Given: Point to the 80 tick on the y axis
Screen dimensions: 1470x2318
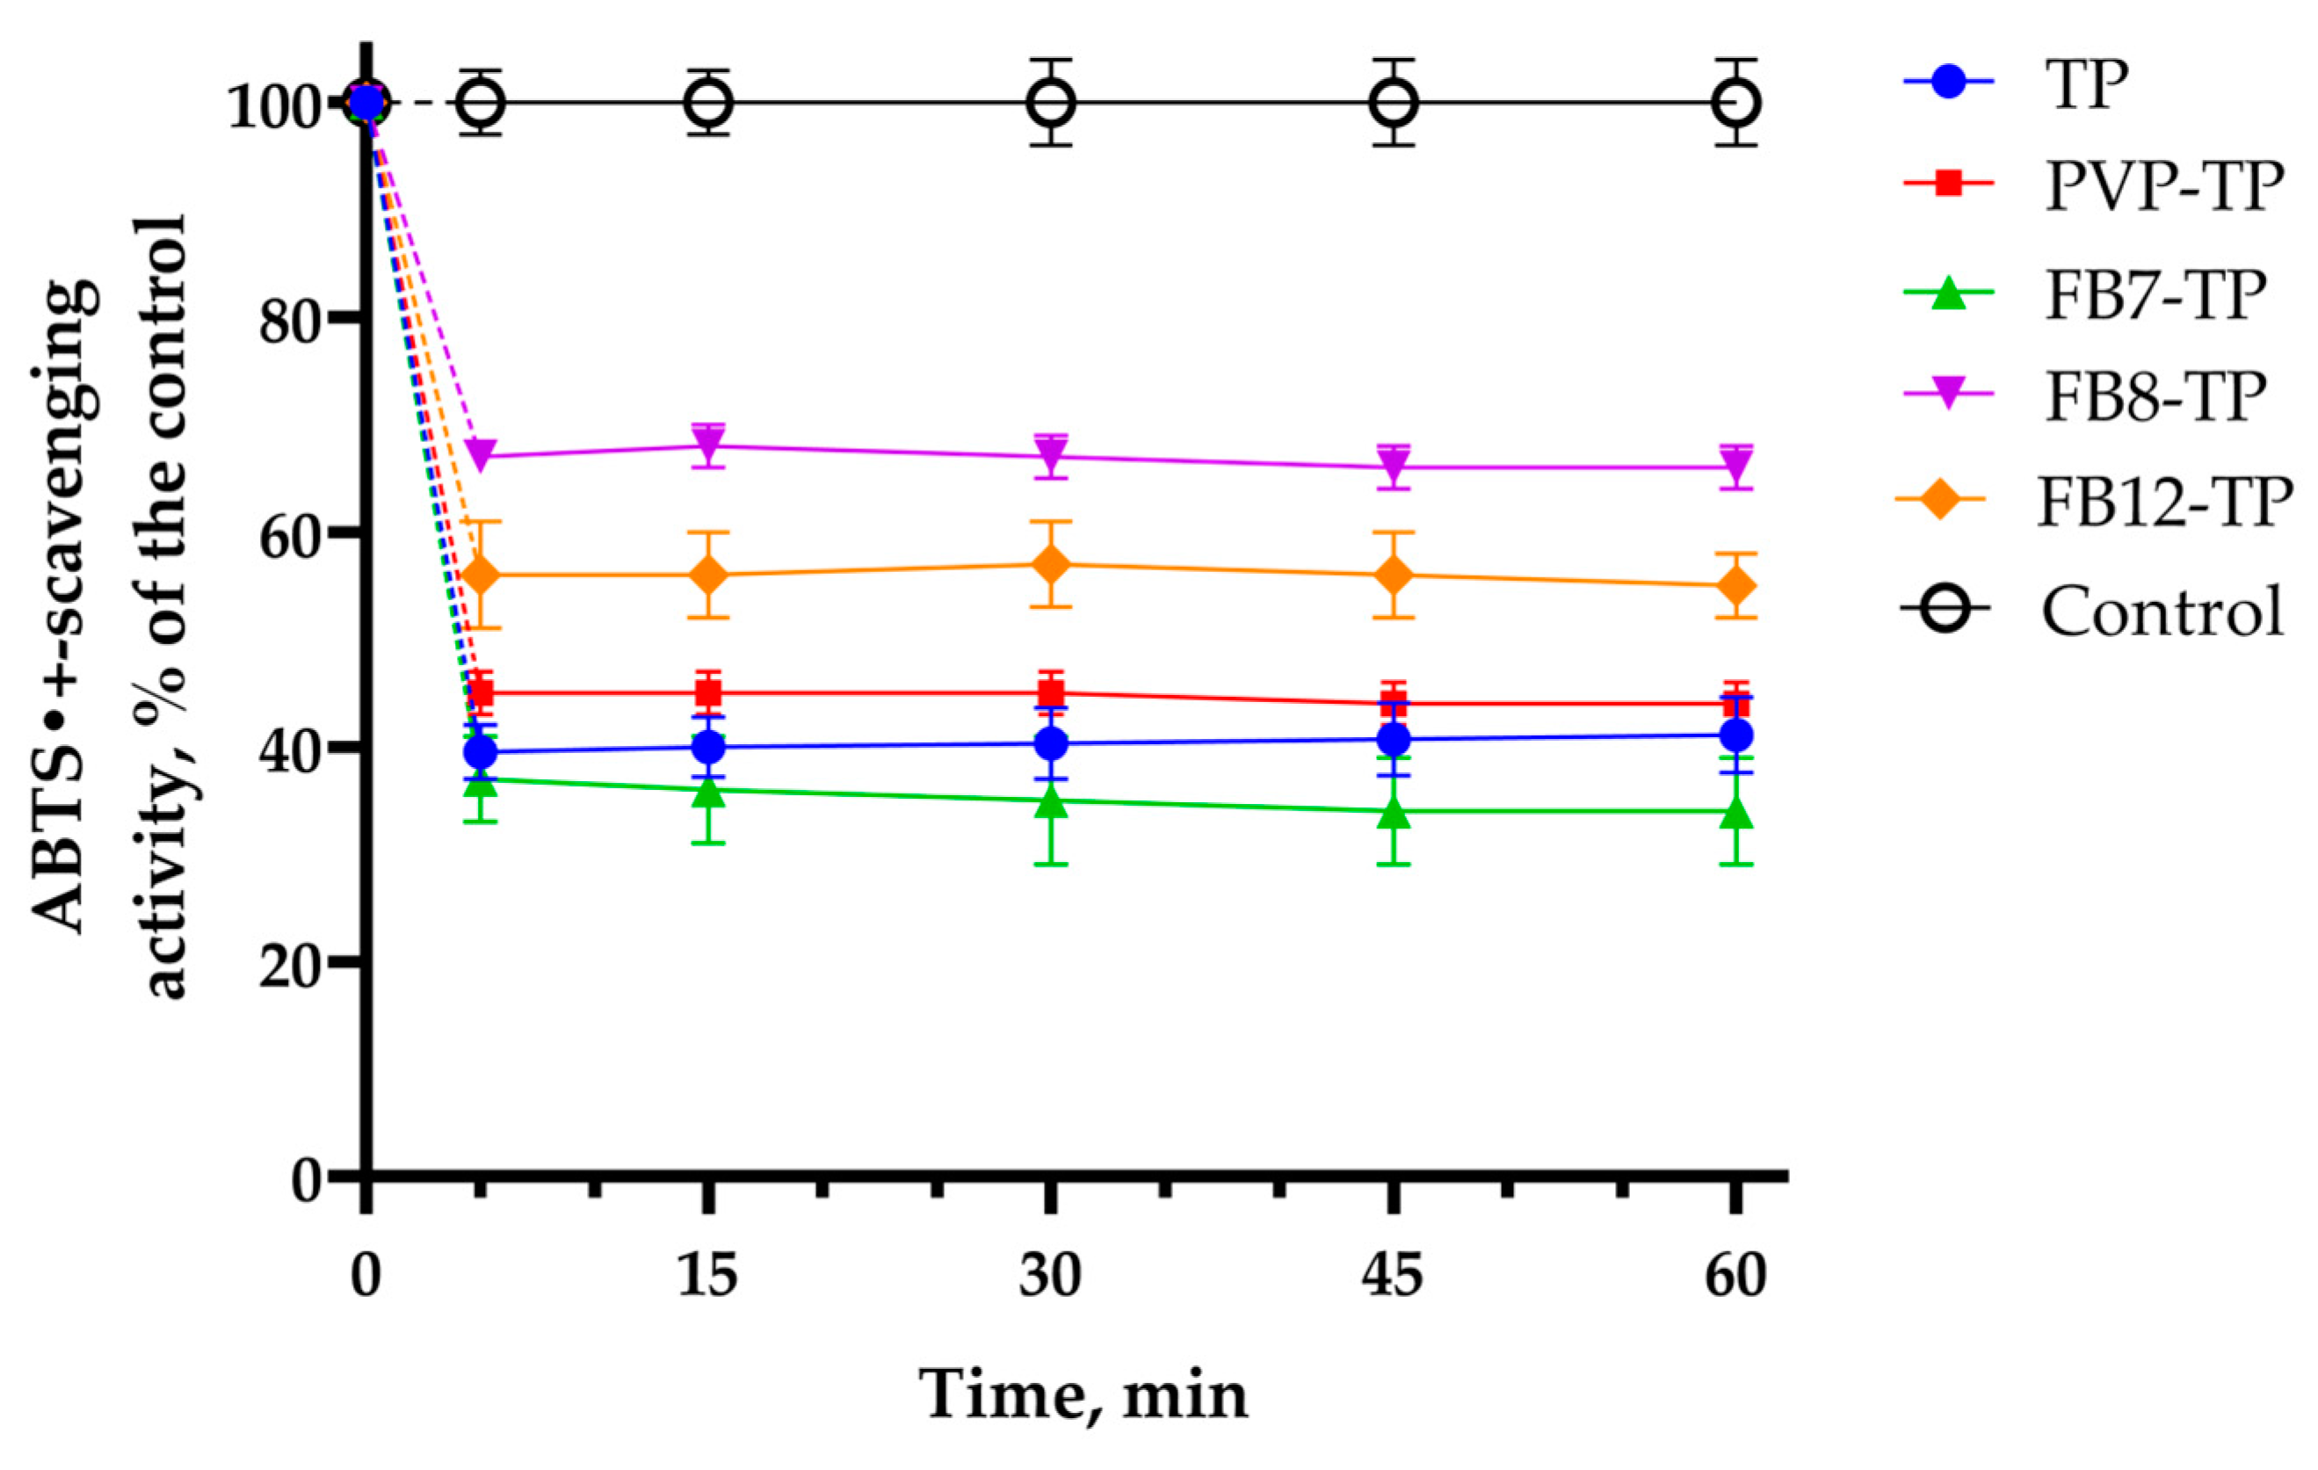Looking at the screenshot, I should pyautogui.click(x=289, y=320).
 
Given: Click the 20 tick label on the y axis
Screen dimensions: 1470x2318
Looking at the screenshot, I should pyautogui.click(x=289, y=963).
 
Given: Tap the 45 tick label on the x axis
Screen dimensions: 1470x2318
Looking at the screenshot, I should pyautogui.click(x=1392, y=1277).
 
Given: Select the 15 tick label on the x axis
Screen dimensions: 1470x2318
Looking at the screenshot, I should pyautogui.click(x=707, y=1277).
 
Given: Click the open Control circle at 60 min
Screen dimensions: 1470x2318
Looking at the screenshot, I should pyautogui.click(x=1736, y=103).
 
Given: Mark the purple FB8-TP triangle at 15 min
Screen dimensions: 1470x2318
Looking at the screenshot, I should pyautogui.click(x=707, y=445).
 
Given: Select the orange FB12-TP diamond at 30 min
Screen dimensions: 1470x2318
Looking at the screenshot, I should pyautogui.click(x=1050, y=565).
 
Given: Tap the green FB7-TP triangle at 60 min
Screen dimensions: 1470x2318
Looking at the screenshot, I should pyautogui.click(x=1736, y=814).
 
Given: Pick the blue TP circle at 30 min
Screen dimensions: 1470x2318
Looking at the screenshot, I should pyautogui.click(x=1050, y=742).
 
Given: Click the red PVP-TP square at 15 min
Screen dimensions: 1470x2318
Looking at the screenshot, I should pyautogui.click(x=707, y=693).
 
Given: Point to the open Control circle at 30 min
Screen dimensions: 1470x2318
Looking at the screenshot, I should pyautogui.click(x=1050, y=103).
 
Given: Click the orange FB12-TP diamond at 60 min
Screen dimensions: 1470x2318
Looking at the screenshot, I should pyautogui.click(x=1736, y=586).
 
